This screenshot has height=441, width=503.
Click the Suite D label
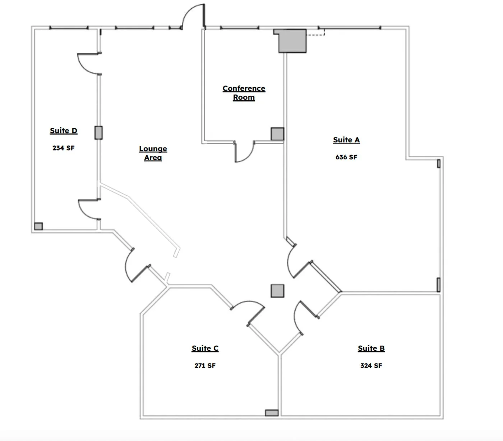[x=64, y=131]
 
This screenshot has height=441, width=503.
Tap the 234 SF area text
[x=63, y=148]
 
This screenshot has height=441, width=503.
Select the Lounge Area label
[x=153, y=153]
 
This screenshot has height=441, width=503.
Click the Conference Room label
[x=244, y=93]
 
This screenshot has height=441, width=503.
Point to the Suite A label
[x=346, y=140]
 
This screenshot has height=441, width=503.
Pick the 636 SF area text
[x=346, y=157]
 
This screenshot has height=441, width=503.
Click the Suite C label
[x=205, y=348]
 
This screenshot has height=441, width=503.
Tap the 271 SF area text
[x=205, y=365]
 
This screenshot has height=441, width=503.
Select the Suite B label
[x=371, y=348]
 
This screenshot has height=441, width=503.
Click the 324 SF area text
[x=371, y=365]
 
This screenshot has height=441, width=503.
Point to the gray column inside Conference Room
[x=277, y=134]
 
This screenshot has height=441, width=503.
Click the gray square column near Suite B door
[x=277, y=291]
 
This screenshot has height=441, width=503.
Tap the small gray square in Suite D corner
[x=38, y=226]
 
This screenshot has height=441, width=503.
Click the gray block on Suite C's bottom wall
[x=272, y=413]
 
